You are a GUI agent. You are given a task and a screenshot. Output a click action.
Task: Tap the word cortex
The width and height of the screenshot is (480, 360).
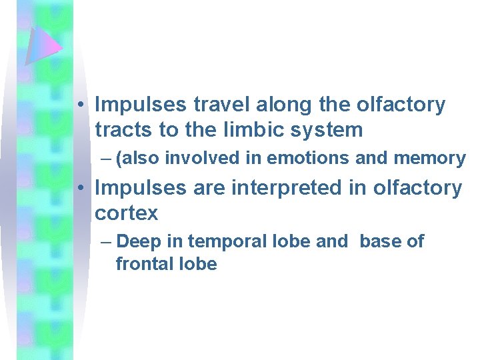127,213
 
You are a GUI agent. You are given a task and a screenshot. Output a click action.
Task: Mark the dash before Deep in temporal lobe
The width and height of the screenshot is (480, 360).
106,241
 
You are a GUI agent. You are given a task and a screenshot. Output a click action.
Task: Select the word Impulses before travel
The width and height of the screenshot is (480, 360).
141,105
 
